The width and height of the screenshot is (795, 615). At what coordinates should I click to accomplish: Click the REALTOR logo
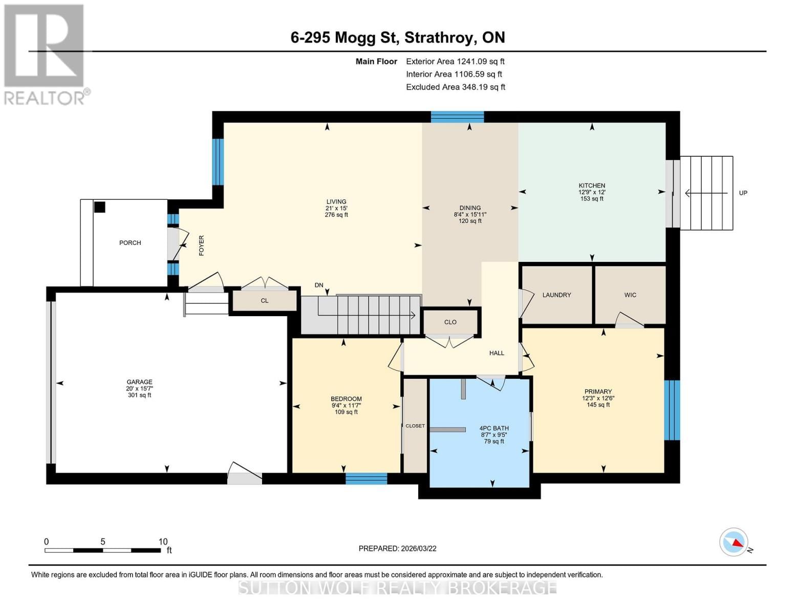pyautogui.click(x=45, y=54)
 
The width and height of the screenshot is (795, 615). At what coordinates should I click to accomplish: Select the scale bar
pyautogui.click(x=103, y=550)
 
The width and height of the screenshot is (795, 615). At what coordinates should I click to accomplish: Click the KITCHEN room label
pyautogui.click(x=592, y=186)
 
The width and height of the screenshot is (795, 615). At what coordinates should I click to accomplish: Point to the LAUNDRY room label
pyautogui.click(x=556, y=295)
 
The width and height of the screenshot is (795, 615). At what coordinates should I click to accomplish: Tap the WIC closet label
pyautogui.click(x=630, y=295)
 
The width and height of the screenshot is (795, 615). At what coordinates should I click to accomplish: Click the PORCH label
pyautogui.click(x=130, y=243)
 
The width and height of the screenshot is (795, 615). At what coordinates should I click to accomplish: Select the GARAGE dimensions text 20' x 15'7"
pyautogui.click(x=139, y=388)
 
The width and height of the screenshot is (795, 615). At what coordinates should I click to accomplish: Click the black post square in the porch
pyautogui.click(x=99, y=207)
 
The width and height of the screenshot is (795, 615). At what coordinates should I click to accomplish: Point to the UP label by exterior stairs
pyautogui.click(x=743, y=193)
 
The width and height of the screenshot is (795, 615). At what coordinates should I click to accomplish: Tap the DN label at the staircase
pyautogui.click(x=319, y=285)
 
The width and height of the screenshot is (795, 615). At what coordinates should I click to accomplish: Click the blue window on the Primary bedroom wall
pyautogui.click(x=672, y=410)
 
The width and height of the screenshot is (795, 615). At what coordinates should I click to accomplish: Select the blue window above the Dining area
pyautogui.click(x=457, y=117)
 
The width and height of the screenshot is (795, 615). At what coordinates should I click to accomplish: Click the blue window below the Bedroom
pyautogui.click(x=366, y=479)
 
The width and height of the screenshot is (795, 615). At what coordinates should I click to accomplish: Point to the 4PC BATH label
pyautogui.click(x=494, y=428)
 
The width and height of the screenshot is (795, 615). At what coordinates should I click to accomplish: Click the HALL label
pyautogui.click(x=497, y=353)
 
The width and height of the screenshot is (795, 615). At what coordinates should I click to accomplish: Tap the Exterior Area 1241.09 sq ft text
pyautogui.click(x=455, y=61)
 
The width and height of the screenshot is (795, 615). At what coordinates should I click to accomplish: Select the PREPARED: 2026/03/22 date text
pyautogui.click(x=397, y=548)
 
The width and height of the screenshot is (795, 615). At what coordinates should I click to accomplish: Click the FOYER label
pyautogui.click(x=201, y=245)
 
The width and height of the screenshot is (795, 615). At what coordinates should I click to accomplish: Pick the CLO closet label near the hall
pyautogui.click(x=450, y=322)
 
